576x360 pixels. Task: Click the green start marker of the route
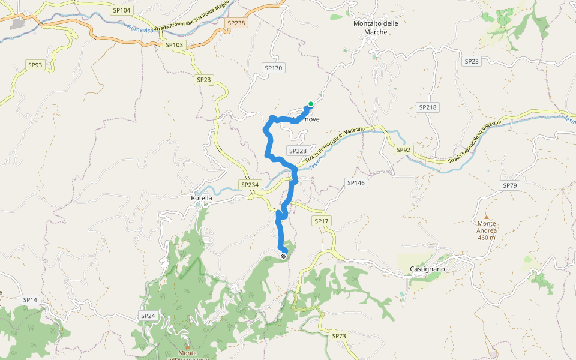coord(310,104)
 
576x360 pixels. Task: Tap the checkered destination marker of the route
coord(284,256)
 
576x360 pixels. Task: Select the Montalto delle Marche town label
coord(376,28)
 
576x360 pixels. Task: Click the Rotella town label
coord(201,198)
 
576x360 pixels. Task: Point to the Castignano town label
coord(427,269)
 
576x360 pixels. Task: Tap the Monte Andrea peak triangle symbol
coord(487,217)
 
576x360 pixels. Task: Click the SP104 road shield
coord(121,10)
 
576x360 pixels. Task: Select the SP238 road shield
coord(236,23)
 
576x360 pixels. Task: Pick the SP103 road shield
coord(174,45)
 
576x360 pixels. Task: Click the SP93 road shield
coord(35,65)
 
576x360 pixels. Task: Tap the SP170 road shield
coord(273,68)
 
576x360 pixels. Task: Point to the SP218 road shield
coord(428,107)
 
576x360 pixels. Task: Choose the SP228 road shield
coord(297,151)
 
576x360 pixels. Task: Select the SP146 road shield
coord(356,182)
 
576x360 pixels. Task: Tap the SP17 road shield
coord(322,221)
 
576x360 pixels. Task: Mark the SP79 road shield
coord(509,185)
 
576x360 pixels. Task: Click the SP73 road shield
coord(339,336)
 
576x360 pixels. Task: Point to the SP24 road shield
coord(148,316)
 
